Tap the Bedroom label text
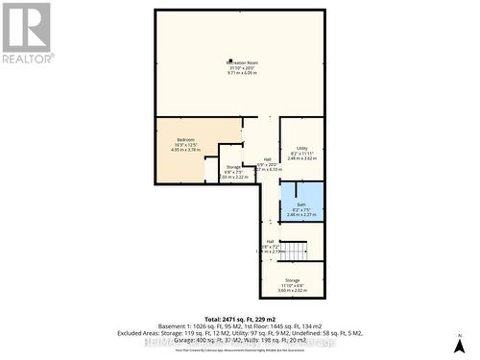pos(185,140)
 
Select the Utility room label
pos(301,148)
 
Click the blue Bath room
pos(301,203)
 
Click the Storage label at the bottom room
pos(292,280)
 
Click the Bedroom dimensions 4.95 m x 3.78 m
pos(185,150)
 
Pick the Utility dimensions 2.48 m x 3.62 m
pos(301,158)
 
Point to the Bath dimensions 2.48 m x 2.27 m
pos(301,215)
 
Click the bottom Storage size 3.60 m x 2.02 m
pos(292,290)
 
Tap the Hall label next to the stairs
pos(270,241)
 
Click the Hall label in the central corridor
pos(268,158)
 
